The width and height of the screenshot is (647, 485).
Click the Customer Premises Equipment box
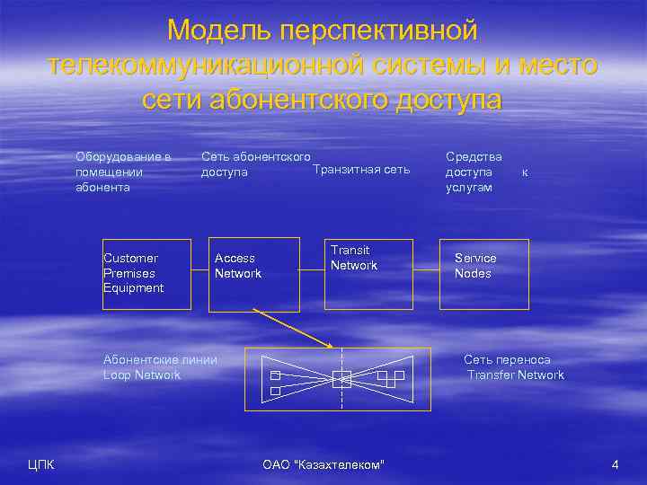146,274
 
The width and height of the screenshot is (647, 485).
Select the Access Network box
254,274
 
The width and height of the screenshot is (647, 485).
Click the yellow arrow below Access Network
292,329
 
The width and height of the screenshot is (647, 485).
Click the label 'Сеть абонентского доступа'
255,164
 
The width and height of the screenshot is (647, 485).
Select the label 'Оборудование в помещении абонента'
123,172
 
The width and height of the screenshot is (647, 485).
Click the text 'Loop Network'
142,375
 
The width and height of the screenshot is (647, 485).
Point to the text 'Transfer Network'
516,375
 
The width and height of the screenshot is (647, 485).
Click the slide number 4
615,464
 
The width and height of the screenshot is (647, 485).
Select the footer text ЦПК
40,464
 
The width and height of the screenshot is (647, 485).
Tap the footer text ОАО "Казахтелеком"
323,464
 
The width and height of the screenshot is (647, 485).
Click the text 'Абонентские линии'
160,359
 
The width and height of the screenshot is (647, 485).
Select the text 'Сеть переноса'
507,359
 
